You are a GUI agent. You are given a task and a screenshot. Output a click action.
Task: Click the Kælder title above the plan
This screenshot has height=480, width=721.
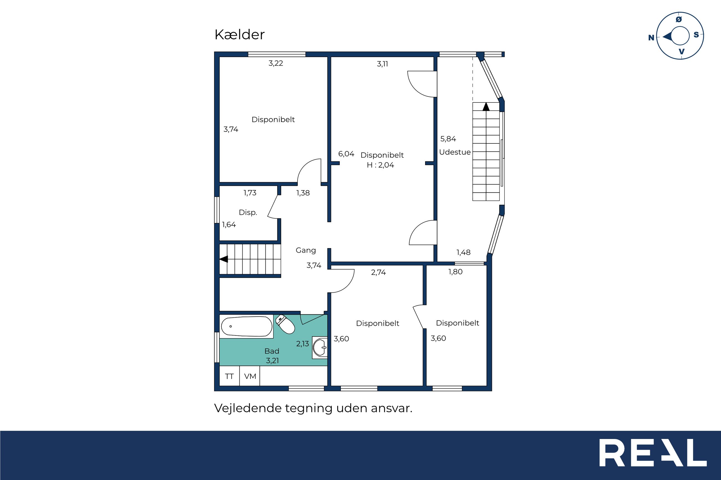(239, 35)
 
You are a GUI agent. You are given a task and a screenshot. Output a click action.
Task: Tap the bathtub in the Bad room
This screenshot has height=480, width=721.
(246, 326)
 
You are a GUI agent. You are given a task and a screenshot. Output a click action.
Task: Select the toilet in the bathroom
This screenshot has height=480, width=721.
(285, 324)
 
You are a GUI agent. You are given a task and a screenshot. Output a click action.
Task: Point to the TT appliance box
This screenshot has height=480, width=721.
(230, 376)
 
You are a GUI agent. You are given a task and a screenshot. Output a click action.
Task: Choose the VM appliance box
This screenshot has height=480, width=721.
(250, 376)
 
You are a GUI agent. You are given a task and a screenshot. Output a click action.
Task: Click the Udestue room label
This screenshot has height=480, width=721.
(455, 152)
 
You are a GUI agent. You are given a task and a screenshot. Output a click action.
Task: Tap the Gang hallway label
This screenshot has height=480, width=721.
(306, 250)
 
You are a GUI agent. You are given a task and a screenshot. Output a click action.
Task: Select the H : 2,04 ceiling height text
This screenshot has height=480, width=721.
(380, 165)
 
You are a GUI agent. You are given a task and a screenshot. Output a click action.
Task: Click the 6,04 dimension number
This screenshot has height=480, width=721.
(346, 154)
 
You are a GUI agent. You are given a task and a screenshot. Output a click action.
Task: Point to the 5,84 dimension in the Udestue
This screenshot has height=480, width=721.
(448, 139)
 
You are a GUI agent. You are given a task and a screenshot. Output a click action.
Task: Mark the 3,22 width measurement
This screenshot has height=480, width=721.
(275, 63)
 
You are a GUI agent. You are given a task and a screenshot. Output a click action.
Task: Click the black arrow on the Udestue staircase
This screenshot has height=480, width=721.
(486, 107)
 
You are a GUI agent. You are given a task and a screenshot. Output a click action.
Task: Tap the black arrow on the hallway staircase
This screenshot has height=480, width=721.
(224, 259)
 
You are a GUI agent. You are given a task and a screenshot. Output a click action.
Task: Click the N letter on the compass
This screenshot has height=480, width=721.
(651, 38)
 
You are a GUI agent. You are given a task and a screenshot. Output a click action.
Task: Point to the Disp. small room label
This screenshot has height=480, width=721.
(248, 212)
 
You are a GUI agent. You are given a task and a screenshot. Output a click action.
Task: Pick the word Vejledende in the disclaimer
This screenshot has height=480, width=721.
(248, 408)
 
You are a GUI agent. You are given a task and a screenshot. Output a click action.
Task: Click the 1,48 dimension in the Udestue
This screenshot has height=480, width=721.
(463, 253)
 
